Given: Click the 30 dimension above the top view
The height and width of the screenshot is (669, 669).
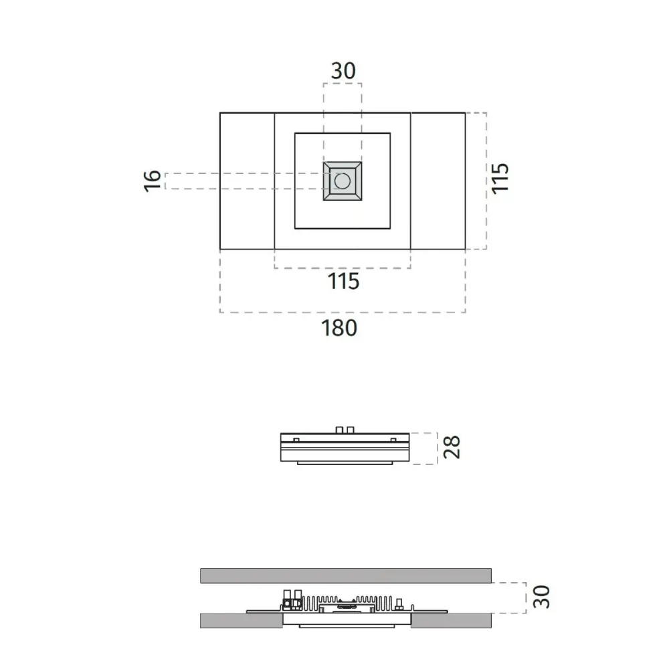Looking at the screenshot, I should coord(343,71).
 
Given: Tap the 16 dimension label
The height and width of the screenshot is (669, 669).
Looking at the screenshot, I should coord(153,181).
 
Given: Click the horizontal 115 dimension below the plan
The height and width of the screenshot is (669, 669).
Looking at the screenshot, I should coord(343,282).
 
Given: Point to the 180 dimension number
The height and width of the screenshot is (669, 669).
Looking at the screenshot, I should coord(340,328).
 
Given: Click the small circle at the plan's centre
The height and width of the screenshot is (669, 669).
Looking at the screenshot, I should coord(343,181).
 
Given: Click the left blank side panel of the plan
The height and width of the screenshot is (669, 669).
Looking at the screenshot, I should coord(247,181).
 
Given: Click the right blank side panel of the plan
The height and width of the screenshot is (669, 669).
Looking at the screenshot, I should coord(438,181).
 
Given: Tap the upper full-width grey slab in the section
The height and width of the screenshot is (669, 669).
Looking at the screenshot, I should coord(345,575).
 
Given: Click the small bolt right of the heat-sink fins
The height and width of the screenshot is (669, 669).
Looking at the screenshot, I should coord(397,605).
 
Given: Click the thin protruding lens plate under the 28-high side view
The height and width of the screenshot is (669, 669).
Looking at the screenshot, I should coord(342,463).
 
